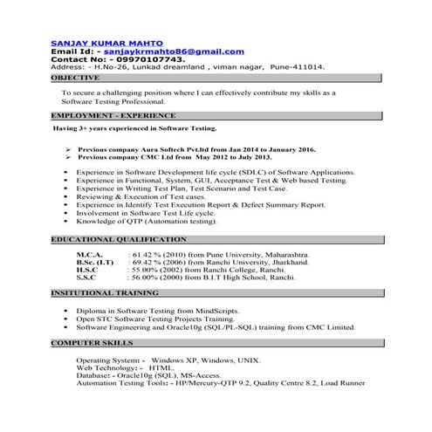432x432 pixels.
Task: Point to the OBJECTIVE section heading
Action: tap(76, 78)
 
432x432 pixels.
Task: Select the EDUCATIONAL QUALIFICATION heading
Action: tap(119, 238)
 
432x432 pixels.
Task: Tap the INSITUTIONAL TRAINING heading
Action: tap(105, 293)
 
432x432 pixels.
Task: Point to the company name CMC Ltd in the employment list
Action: tap(169, 158)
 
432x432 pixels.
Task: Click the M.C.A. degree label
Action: tap(91, 253)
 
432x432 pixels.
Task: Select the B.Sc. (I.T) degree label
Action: tap(94, 262)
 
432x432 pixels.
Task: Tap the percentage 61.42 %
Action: tap(150, 253)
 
